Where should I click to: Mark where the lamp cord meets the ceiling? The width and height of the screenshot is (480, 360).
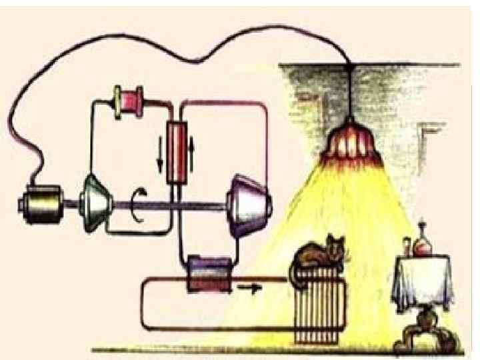pyautogui.click(x=349, y=65)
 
